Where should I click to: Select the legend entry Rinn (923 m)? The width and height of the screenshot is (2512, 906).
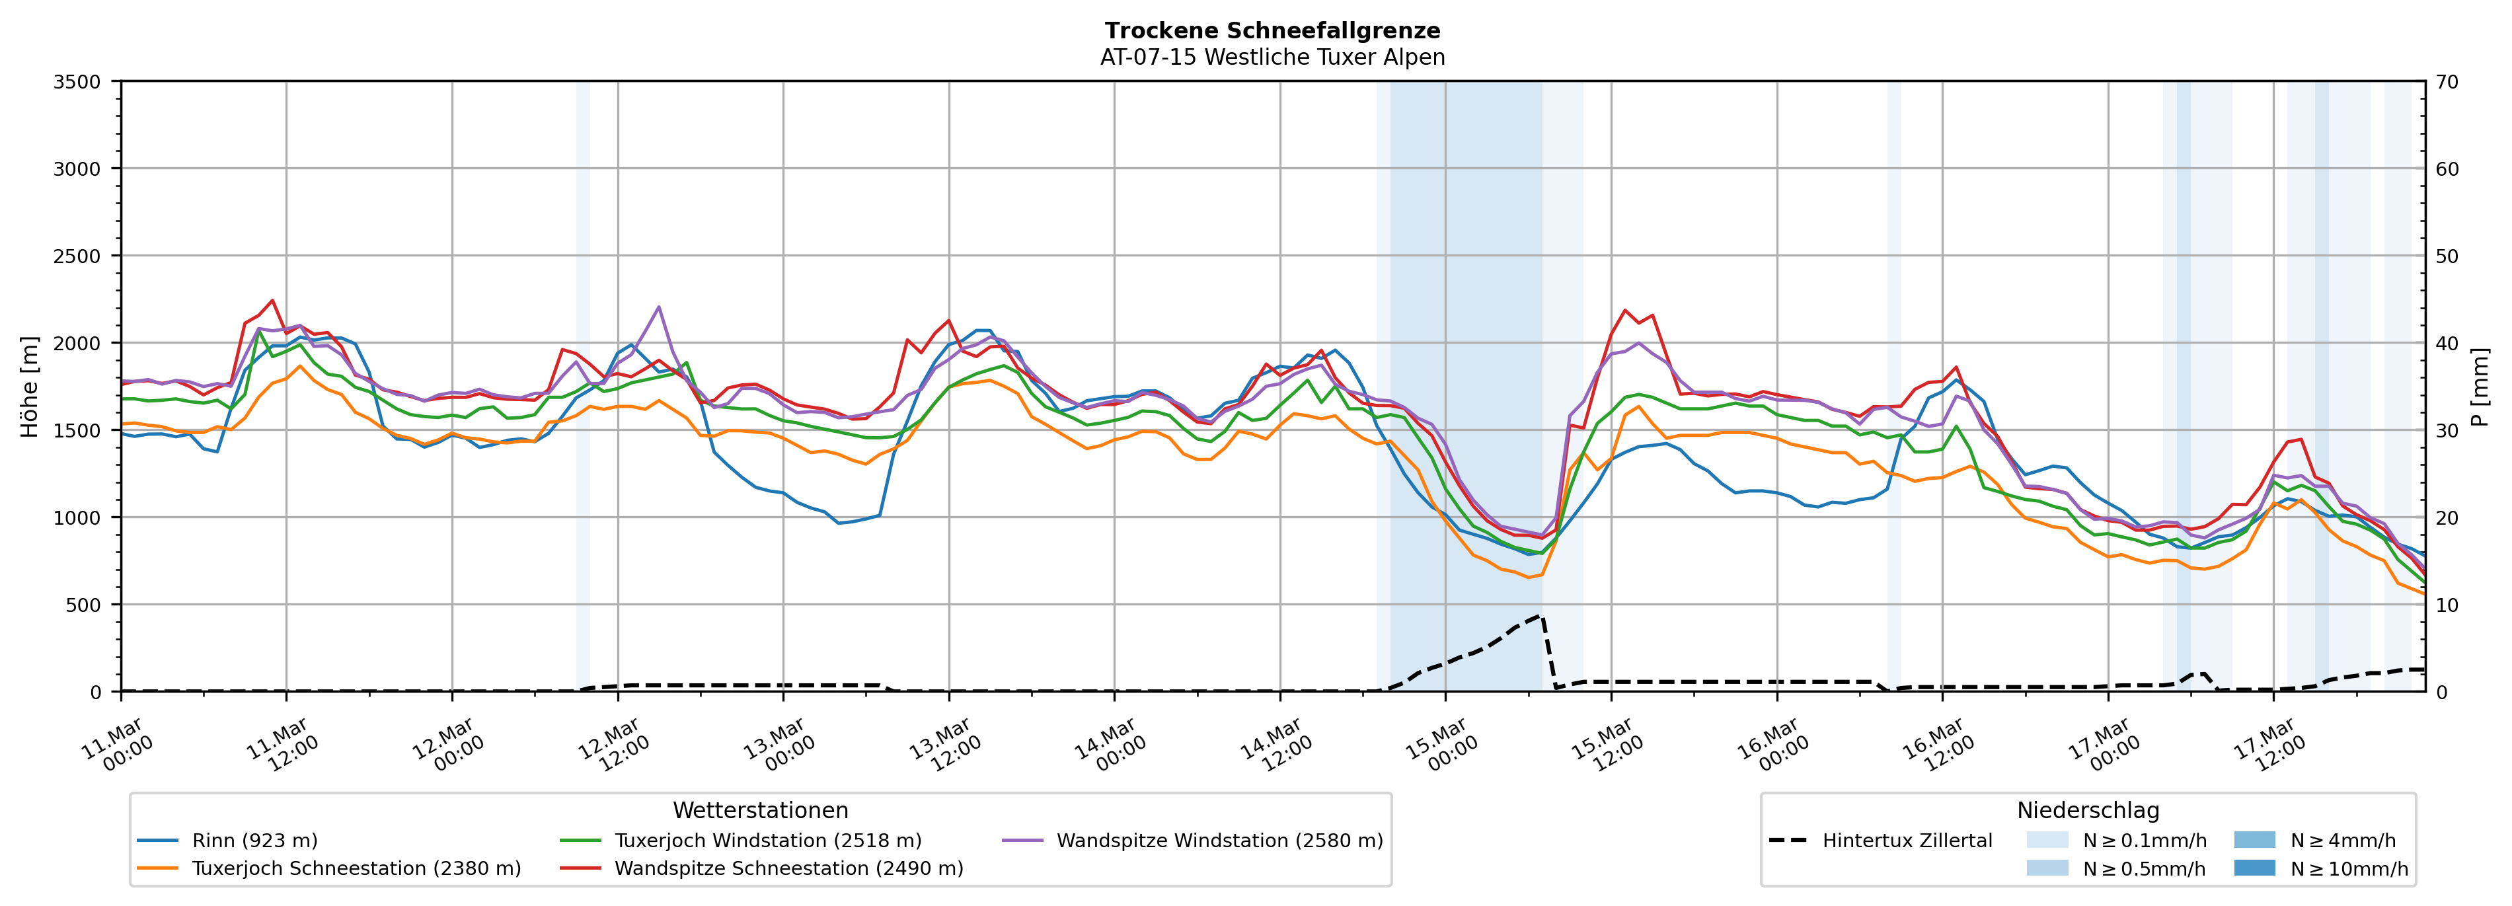click(x=254, y=841)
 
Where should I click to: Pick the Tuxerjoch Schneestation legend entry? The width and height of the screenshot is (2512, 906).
click(x=356, y=869)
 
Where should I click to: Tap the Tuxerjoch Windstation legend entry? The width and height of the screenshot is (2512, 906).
click(x=767, y=841)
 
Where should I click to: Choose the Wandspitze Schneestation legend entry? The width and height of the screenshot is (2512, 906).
click(x=788, y=869)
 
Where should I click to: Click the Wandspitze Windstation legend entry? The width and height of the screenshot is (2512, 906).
click(x=1219, y=841)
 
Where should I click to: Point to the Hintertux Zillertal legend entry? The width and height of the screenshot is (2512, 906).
click(x=1907, y=841)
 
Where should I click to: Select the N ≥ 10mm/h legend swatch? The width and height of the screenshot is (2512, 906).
click(x=2254, y=868)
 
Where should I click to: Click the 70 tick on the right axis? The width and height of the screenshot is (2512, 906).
click(x=2447, y=82)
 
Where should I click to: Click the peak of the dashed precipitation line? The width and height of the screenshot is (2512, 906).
click(x=1540, y=617)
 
